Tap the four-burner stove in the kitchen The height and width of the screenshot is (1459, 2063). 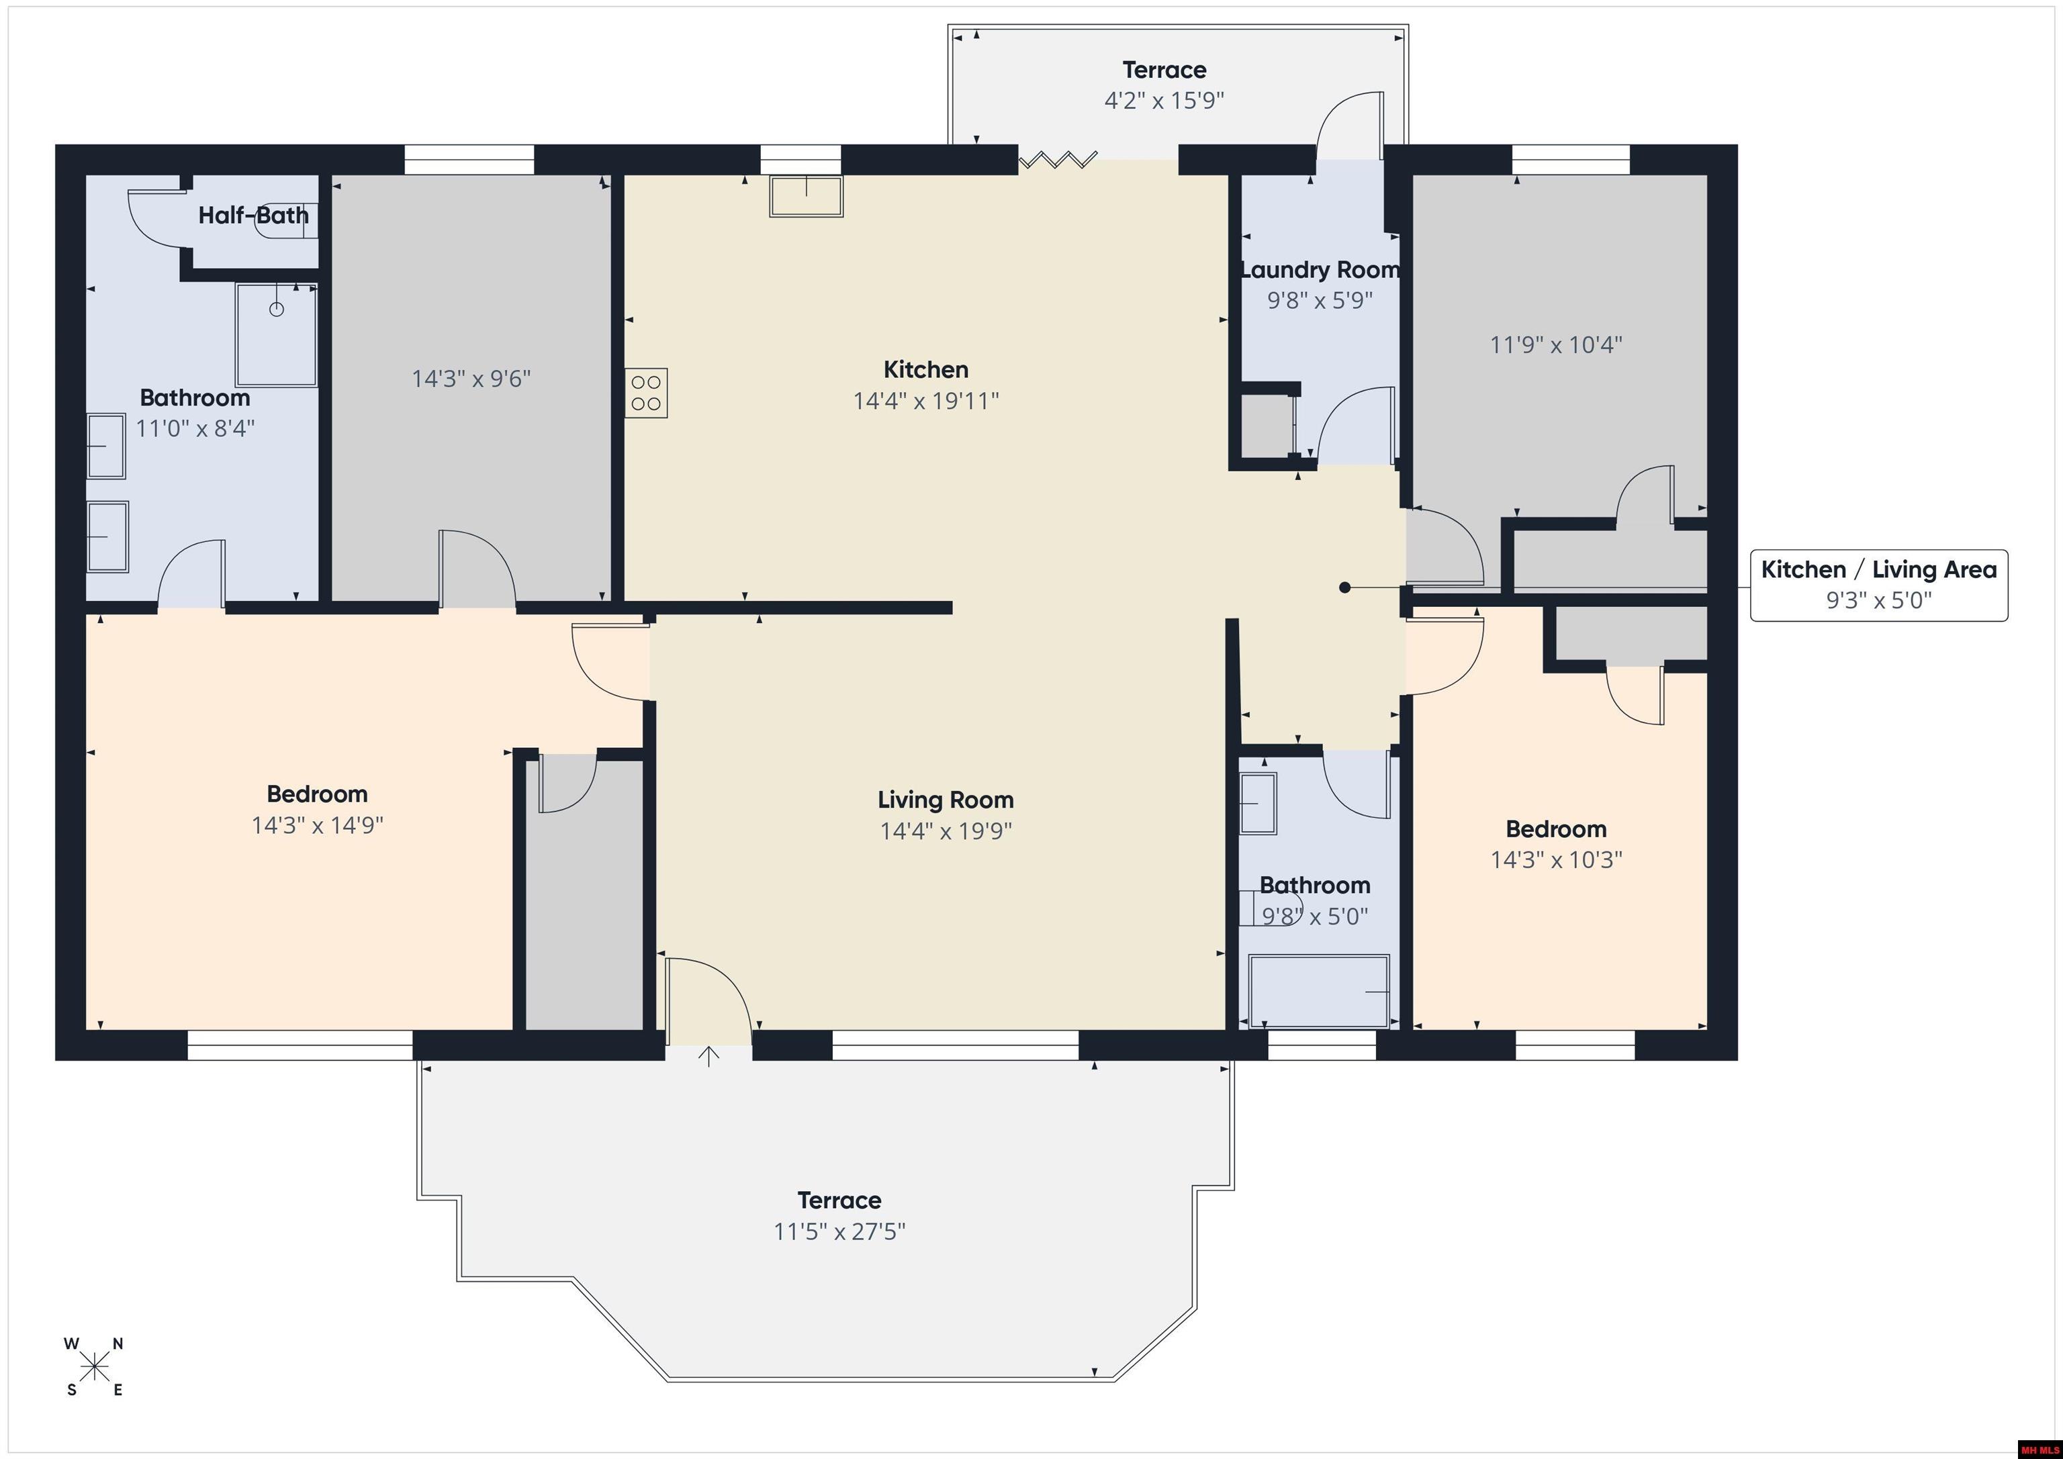(x=647, y=393)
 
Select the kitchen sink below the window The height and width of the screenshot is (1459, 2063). (x=806, y=197)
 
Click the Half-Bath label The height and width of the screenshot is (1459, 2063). (x=253, y=216)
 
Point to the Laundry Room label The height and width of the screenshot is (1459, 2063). (x=1320, y=269)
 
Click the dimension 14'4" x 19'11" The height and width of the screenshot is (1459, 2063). (x=925, y=401)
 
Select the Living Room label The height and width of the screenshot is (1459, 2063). (x=946, y=800)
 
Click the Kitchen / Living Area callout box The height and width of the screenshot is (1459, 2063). (x=1879, y=585)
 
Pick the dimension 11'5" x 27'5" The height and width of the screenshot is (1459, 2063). (x=839, y=1231)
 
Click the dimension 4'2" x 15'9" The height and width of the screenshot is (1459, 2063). (x=1164, y=101)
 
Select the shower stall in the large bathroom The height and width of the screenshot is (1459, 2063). (x=277, y=335)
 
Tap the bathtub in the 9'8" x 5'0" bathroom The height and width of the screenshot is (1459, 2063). (x=1319, y=991)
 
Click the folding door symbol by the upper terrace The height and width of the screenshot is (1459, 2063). (x=1058, y=161)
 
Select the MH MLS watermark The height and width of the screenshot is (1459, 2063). (x=2038, y=1449)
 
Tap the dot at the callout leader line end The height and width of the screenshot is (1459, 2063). (x=1344, y=587)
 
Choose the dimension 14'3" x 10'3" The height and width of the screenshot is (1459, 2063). (x=1556, y=860)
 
